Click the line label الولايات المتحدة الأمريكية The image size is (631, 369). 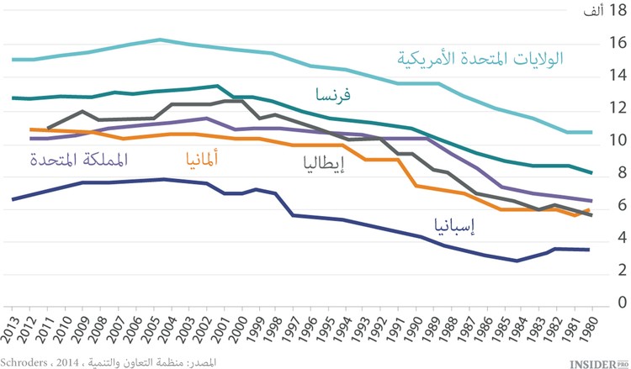pos(480,59)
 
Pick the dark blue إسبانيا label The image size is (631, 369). pos(437,224)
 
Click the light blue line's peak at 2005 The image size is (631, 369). pos(159,40)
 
